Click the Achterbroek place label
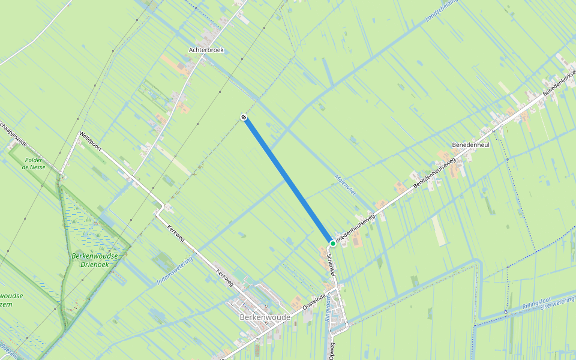206,50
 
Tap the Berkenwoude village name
265,317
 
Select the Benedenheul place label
471,145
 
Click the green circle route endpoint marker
332,243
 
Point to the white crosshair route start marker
244,117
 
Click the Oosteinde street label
314,301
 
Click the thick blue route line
288,180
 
